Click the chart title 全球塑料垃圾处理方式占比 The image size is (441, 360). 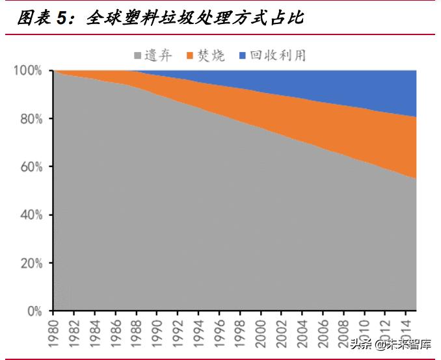click(195, 18)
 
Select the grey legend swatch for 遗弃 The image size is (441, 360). click(138, 56)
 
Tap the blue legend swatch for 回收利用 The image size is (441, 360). click(243, 56)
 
